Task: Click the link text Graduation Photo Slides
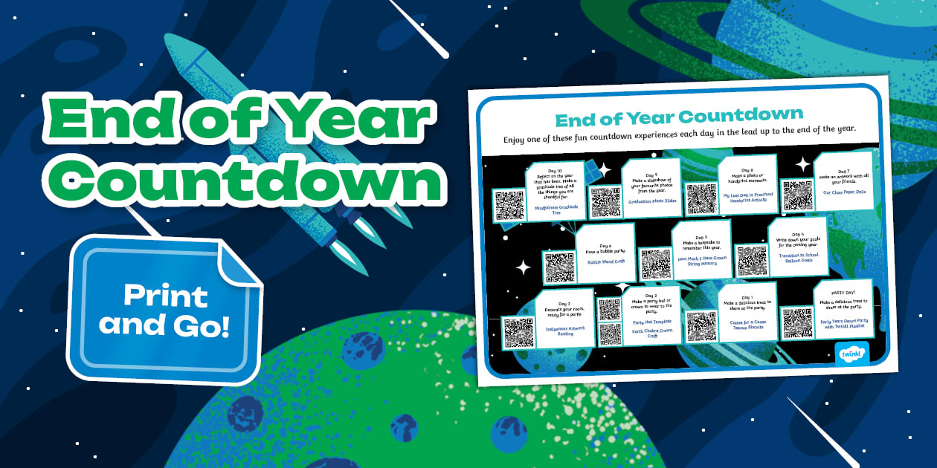pos(651,201)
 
